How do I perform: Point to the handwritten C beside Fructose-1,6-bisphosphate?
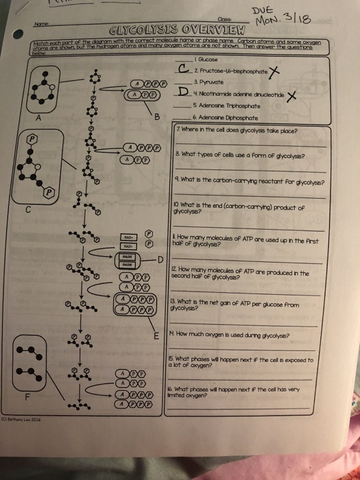(x=182, y=69)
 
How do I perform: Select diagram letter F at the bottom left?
(x=27, y=396)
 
